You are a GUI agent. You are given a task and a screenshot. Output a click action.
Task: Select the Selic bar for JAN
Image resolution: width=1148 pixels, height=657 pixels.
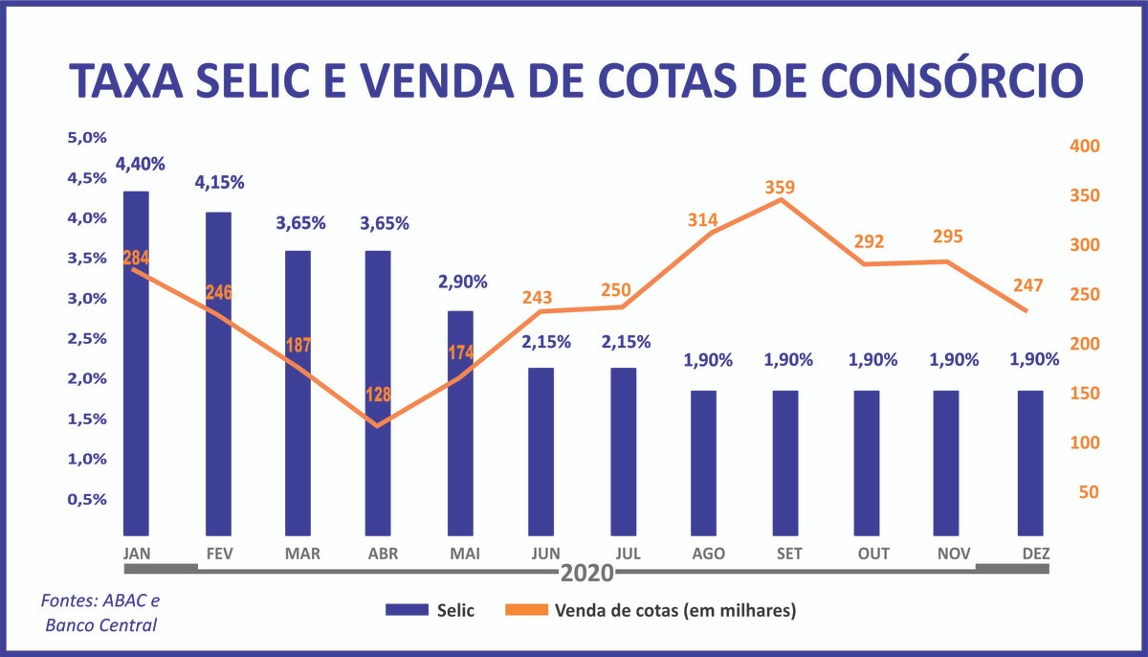click(136, 364)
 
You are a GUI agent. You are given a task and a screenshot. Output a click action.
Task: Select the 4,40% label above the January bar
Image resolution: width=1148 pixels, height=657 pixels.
click(140, 164)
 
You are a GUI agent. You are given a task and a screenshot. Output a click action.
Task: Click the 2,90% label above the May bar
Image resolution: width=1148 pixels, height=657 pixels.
click(463, 282)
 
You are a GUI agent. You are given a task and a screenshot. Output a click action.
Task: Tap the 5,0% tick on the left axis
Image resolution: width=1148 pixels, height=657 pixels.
click(87, 138)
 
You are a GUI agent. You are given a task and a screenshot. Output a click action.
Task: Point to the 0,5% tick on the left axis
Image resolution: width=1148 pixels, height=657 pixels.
click(87, 499)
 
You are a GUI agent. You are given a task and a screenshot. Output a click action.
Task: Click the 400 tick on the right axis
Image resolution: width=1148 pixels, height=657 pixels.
click(1088, 147)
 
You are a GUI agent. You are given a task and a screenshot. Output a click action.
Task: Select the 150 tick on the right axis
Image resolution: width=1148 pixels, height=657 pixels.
click(1088, 394)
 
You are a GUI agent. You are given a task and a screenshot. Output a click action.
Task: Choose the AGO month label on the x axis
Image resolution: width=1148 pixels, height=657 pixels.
click(707, 555)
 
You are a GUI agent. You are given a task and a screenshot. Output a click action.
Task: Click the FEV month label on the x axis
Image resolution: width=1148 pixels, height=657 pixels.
click(221, 555)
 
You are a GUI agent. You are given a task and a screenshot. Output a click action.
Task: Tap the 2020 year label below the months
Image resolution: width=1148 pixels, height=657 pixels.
click(586, 574)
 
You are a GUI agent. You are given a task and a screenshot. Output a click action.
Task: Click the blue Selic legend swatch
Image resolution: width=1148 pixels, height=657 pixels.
click(406, 609)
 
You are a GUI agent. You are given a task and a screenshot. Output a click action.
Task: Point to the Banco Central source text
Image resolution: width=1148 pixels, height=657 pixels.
click(101, 625)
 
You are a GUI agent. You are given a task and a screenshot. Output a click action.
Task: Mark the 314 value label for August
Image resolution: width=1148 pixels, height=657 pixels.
click(703, 220)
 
